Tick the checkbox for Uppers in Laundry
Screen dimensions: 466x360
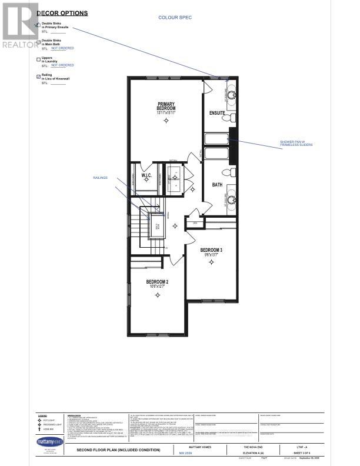tap(38, 58)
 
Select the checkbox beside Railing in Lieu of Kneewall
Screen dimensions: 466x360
tap(38, 76)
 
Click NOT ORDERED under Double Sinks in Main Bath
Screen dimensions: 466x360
tap(62, 49)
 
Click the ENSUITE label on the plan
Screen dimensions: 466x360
tap(218, 112)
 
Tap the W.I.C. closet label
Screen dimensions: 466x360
tap(147, 175)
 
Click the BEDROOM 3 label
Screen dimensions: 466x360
tap(211, 249)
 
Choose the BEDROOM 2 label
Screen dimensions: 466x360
tap(158, 282)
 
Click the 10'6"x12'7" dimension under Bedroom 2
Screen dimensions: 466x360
tap(158, 287)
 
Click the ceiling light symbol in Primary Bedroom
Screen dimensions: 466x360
tap(166, 121)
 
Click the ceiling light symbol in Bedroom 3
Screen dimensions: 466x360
tap(211, 264)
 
